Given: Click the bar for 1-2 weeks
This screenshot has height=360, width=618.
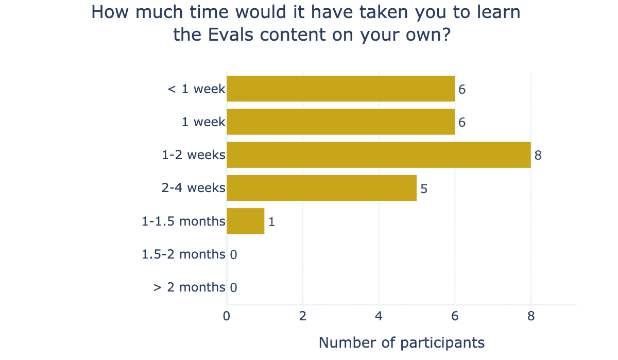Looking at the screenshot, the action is click(379, 155).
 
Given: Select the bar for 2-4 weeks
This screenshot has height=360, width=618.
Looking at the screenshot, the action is click(322, 188).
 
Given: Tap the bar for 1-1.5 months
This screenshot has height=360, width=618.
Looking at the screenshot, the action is click(246, 221).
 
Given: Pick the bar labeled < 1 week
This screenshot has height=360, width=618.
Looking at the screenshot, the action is click(341, 89).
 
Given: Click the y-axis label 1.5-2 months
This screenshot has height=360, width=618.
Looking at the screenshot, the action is click(183, 254).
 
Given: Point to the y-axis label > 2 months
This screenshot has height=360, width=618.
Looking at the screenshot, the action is click(190, 287).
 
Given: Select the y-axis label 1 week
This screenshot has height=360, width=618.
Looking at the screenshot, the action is click(203, 122).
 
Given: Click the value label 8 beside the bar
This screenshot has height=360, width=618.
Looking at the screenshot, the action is click(538, 156).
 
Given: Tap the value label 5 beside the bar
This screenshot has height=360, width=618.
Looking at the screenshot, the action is click(424, 188).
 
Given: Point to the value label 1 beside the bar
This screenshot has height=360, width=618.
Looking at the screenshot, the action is click(271, 222).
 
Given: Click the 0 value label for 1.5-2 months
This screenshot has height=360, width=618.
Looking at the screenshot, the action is click(233, 255).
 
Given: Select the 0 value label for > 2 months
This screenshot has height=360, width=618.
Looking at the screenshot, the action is click(233, 288).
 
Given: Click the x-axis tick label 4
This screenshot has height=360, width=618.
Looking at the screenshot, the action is click(379, 316).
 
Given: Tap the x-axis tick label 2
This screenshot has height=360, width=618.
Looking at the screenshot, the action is click(303, 316).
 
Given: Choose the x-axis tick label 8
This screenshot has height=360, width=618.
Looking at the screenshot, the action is click(531, 316).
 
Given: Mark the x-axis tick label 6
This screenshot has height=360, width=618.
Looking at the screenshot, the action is click(455, 316).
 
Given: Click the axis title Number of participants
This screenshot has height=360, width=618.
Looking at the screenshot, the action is click(402, 343).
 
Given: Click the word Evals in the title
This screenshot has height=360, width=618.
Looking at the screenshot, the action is click(230, 35).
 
